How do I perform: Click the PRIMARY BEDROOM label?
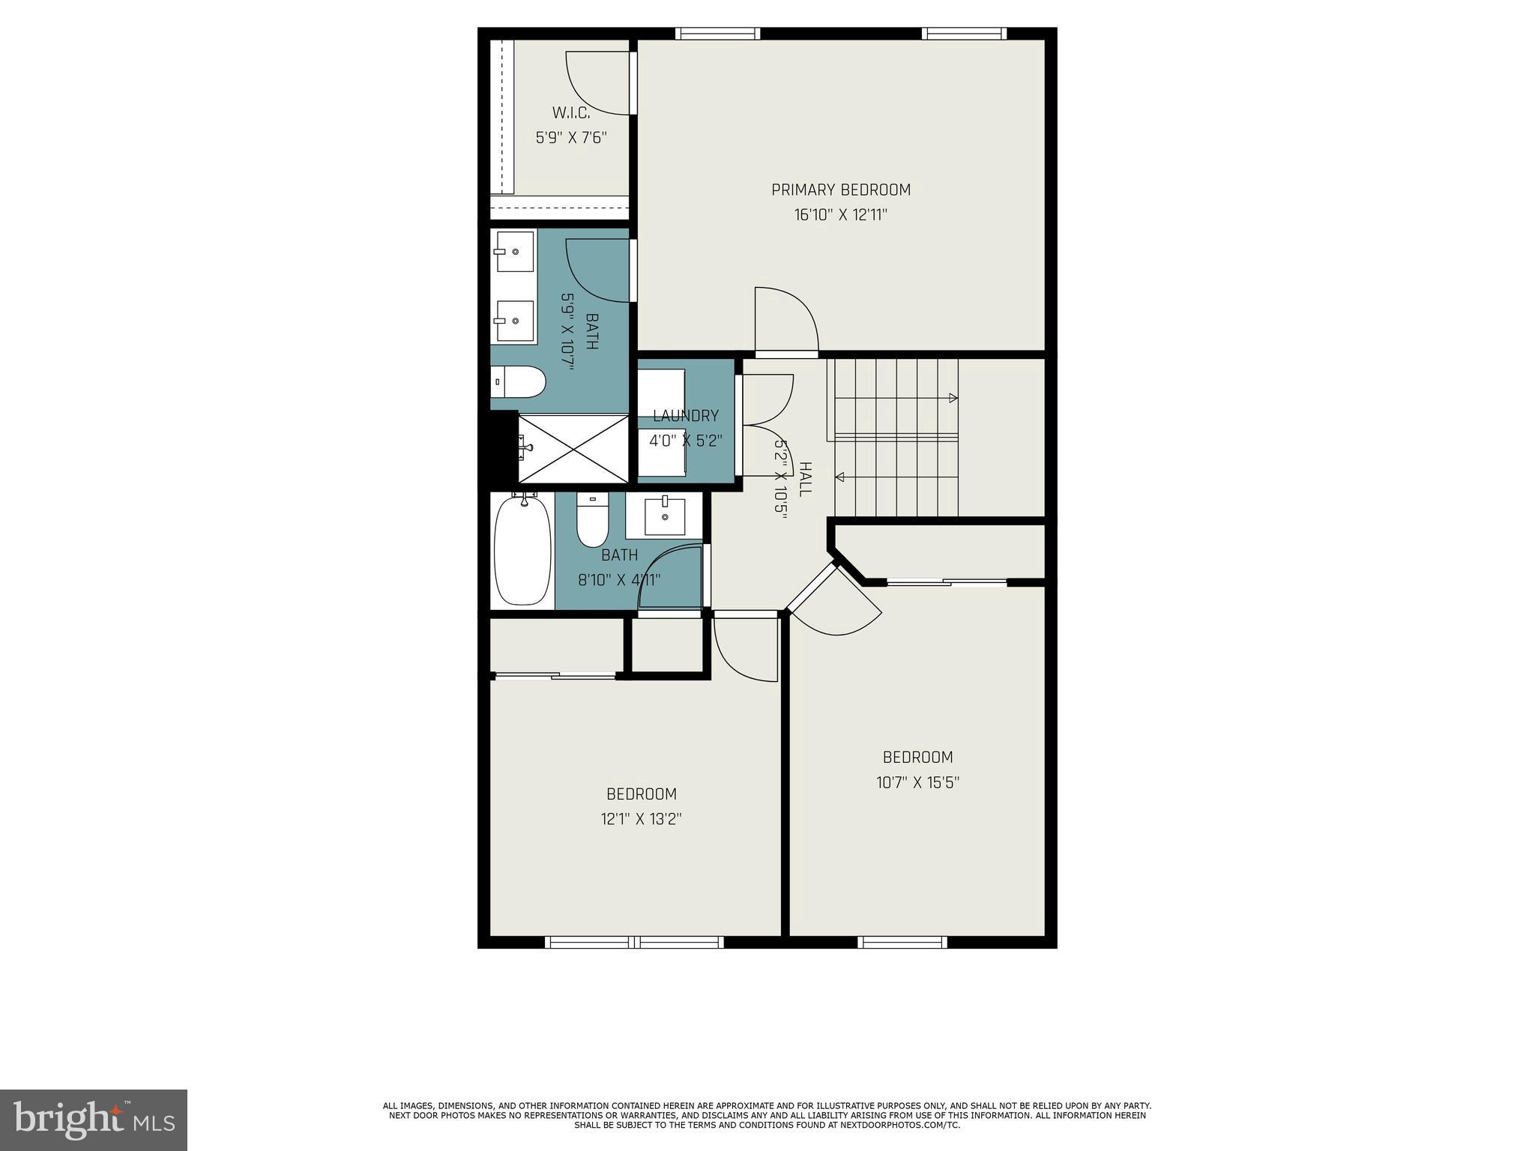(841, 190)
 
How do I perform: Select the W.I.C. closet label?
(571, 113)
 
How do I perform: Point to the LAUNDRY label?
(685, 416)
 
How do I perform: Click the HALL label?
(805, 480)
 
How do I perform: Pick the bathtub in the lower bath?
(522, 549)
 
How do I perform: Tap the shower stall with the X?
(573, 449)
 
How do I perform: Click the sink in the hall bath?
(665, 516)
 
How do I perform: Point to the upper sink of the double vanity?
(513, 252)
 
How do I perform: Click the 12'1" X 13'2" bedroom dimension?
(641, 819)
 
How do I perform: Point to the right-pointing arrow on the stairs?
(953, 398)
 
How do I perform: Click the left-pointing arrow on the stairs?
(840, 477)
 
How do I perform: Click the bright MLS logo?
(94, 1120)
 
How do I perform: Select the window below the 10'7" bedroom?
(902, 943)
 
